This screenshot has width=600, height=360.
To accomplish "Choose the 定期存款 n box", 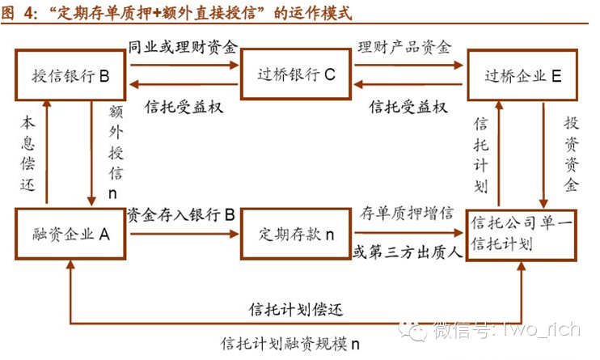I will (x=295, y=235).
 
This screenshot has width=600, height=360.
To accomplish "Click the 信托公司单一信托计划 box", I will (x=523, y=235).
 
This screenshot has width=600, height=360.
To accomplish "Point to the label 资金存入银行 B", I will (x=182, y=214).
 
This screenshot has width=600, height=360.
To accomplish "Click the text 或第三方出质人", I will (x=407, y=252).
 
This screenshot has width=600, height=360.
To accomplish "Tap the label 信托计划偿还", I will (x=295, y=309).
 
